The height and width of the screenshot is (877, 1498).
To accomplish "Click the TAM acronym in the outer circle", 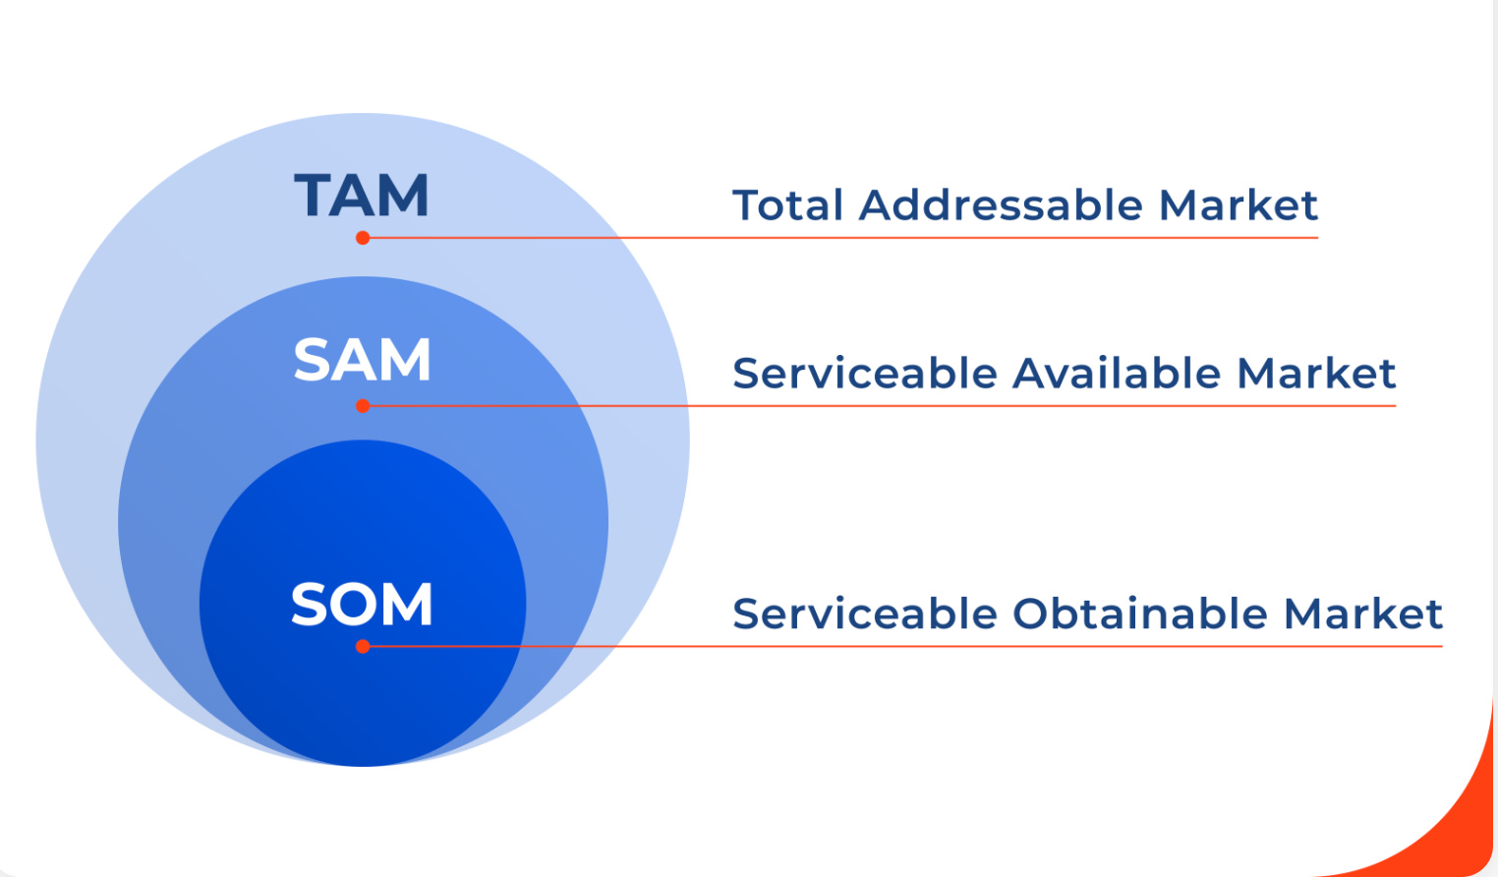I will [362, 195].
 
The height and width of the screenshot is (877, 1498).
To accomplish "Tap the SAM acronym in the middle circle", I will [362, 360].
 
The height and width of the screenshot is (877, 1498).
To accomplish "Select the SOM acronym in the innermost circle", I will [362, 604].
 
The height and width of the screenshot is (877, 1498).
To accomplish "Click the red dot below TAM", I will [363, 238].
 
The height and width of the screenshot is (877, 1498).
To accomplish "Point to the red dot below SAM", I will [363, 406].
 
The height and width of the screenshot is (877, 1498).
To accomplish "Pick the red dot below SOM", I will [363, 646].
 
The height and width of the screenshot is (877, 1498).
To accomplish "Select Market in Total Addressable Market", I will [1238, 205].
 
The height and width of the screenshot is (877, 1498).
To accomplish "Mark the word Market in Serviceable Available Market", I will [1316, 374].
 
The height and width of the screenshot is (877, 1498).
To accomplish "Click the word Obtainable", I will [1140, 614].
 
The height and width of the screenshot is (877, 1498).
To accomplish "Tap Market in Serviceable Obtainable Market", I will [1363, 614].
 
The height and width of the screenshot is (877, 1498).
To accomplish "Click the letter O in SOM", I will [361, 604].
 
